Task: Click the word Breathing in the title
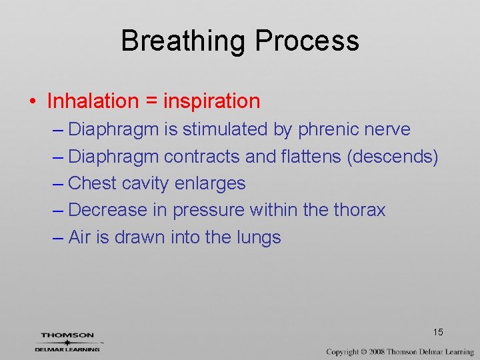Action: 183,41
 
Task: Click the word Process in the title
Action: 307,41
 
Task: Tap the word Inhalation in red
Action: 92,101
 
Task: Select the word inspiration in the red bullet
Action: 212,101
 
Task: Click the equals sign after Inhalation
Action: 150,102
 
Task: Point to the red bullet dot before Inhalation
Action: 32,102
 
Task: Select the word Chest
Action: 93,183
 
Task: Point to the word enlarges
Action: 209,183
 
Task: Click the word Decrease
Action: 107,210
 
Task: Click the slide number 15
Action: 438,332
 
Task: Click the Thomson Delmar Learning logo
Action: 67,342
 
